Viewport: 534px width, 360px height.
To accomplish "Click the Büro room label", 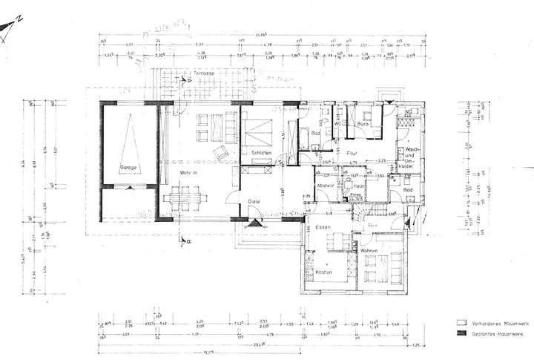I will (x=363, y=125).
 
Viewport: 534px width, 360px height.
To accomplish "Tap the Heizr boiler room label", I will (x=357, y=186).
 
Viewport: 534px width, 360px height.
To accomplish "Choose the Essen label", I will (x=322, y=226).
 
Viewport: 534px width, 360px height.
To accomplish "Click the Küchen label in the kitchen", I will (x=323, y=273).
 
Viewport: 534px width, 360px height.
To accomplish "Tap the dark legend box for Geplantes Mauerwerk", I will (x=460, y=336).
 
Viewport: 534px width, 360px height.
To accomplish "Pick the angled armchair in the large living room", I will (x=220, y=154).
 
